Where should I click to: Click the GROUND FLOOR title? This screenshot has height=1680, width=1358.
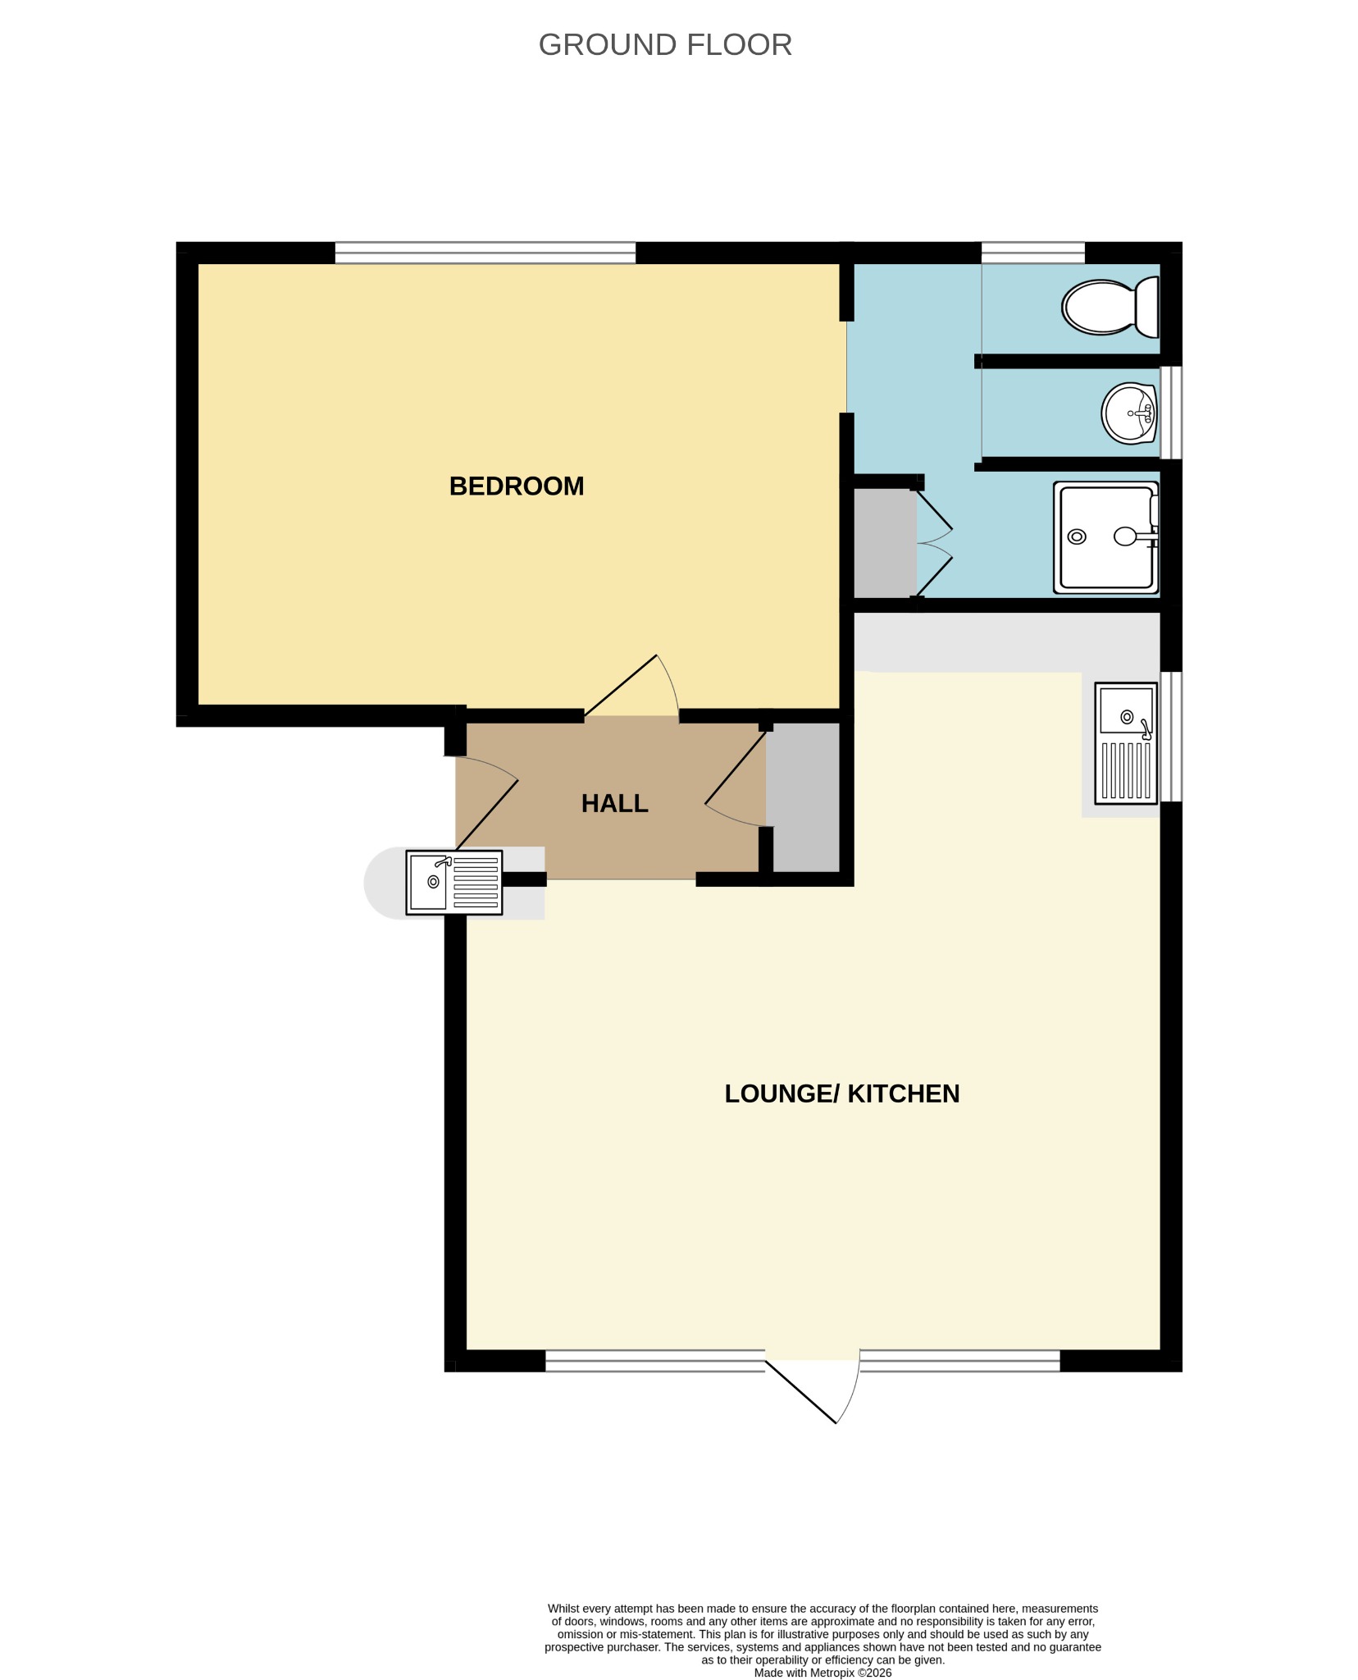point(665,45)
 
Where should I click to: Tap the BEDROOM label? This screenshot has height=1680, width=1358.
point(517,486)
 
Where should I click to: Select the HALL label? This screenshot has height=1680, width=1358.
point(615,804)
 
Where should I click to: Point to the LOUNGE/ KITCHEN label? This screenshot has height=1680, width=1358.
point(842,1093)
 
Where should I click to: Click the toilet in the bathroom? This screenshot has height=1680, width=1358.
point(1110,307)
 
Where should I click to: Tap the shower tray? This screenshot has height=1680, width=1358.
point(1106,537)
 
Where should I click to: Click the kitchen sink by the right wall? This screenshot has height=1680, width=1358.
point(1126,744)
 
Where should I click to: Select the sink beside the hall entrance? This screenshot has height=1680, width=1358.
point(454,883)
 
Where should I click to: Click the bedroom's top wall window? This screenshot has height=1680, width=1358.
point(485,253)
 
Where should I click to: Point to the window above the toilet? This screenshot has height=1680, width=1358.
point(1033,253)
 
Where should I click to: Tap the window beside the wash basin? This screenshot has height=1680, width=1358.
point(1171,413)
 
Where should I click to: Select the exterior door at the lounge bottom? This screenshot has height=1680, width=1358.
point(812,1390)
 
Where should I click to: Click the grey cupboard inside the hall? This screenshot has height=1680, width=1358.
point(804,797)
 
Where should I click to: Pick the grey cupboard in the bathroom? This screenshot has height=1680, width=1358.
point(886,543)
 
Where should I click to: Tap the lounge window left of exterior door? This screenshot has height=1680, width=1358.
point(655,1361)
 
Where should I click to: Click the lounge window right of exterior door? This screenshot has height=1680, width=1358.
point(960,1361)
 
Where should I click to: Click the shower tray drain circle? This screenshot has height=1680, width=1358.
point(1077,537)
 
